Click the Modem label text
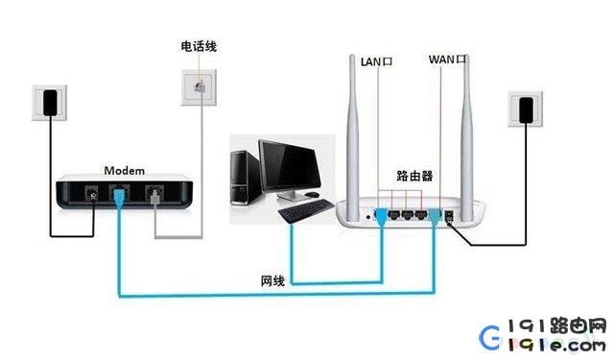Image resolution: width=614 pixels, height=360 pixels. (x=124, y=171)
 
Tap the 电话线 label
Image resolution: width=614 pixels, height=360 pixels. (x=199, y=46)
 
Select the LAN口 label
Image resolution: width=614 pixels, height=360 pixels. (x=376, y=61)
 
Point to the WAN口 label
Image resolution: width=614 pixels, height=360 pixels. (x=447, y=60)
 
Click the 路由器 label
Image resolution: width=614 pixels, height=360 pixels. (x=414, y=176)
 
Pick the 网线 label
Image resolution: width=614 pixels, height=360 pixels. (x=272, y=281)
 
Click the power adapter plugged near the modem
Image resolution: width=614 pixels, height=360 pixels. (x=50, y=103)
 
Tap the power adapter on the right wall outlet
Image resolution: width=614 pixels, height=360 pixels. (x=526, y=109)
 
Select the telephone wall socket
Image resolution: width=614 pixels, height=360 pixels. (x=199, y=87)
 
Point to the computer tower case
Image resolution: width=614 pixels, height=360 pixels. (x=245, y=178)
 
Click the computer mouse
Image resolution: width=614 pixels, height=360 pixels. (x=312, y=194)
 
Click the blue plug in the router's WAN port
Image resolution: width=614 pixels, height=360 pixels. (x=435, y=217)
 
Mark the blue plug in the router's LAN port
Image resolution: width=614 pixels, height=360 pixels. (x=382, y=218)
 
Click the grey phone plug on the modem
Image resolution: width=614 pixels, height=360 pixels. (x=154, y=197)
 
